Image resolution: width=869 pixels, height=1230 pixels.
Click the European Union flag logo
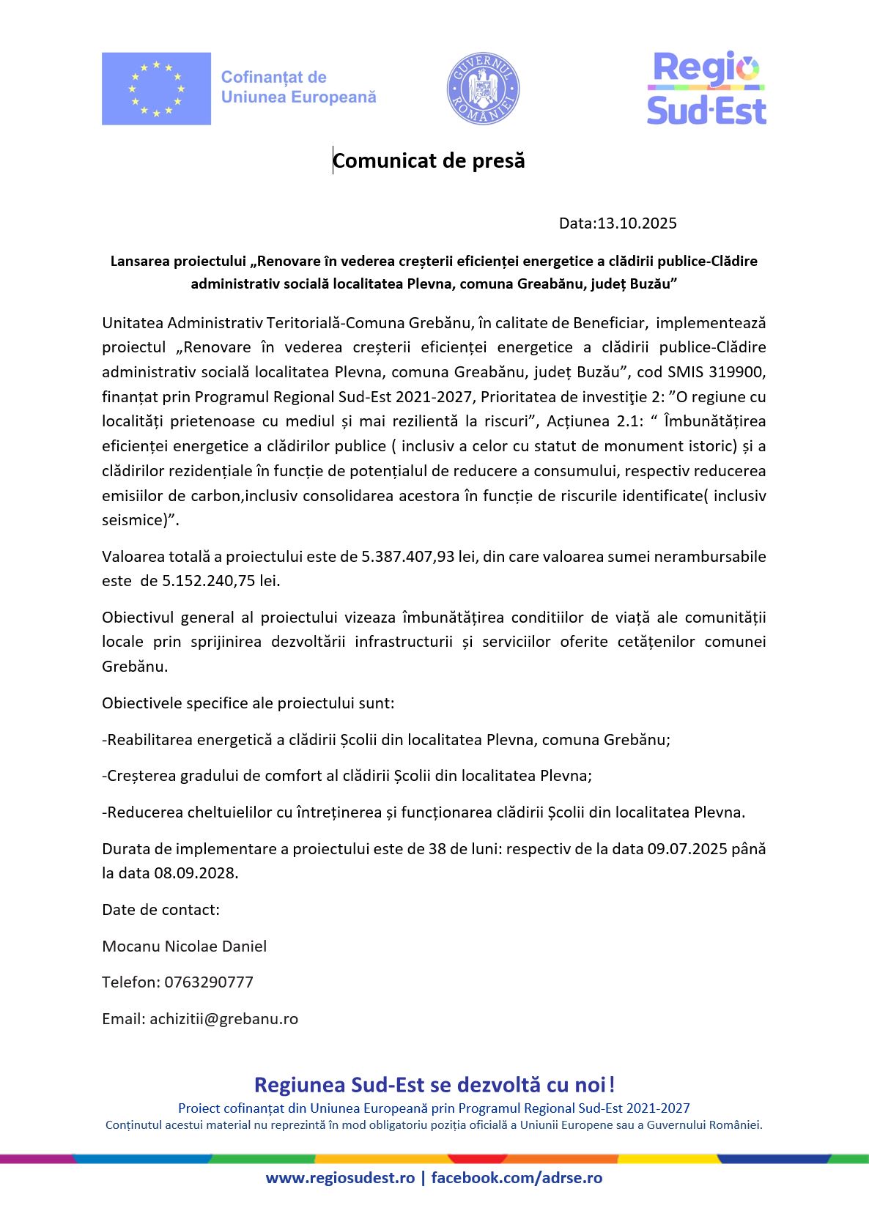coord(156,89)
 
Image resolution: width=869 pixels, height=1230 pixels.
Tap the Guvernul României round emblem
coord(483,89)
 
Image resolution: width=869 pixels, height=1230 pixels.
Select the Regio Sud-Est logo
coord(706,88)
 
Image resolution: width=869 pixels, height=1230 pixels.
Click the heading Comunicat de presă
coord(429,160)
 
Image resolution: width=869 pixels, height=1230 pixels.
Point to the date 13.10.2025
coord(637,223)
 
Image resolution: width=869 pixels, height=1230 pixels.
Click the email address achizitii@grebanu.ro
coord(223,1019)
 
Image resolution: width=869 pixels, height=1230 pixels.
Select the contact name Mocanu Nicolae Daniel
coord(185,946)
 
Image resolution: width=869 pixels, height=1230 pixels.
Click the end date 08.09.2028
coord(196,873)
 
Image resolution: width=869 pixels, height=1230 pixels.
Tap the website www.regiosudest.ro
coord(340,1178)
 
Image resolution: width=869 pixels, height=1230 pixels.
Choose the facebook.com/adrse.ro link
coord(517,1178)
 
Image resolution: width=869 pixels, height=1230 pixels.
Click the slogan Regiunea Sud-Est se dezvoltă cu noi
coord(434,1085)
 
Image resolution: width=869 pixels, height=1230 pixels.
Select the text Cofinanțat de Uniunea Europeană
coord(298,87)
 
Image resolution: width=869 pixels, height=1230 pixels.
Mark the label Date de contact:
coord(161,910)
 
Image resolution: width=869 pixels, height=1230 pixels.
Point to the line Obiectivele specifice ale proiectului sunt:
coord(248,703)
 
